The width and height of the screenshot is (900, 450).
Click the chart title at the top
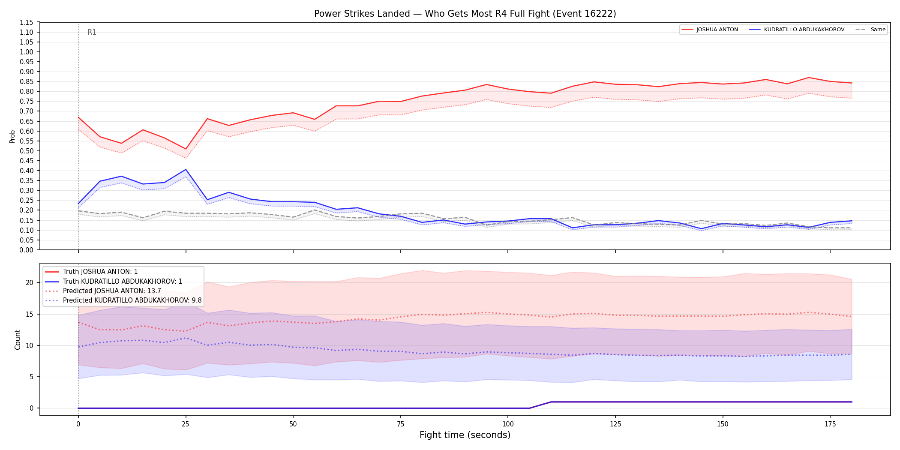click(465, 14)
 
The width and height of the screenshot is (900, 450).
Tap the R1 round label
click(92, 32)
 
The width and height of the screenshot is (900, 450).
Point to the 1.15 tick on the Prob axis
click(27, 22)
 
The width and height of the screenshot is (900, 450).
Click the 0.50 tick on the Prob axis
click(27, 151)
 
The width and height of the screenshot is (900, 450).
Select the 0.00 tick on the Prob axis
click(27, 250)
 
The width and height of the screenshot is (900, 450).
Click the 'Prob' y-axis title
click(12, 136)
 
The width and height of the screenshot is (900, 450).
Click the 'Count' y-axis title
click(18, 339)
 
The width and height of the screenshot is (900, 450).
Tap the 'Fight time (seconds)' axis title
click(465, 435)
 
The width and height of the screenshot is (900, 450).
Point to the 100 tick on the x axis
click(507, 424)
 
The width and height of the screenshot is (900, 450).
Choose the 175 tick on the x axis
click(830, 424)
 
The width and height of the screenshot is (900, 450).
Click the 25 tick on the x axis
click(186, 424)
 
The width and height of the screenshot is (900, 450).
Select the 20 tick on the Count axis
click(30, 282)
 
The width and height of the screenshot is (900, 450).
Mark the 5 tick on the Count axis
click(31, 377)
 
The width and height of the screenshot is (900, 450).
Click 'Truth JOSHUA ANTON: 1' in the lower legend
click(100, 272)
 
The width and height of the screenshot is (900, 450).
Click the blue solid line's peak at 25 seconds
click(186, 169)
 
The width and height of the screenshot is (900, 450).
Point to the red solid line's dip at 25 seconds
click(186, 149)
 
